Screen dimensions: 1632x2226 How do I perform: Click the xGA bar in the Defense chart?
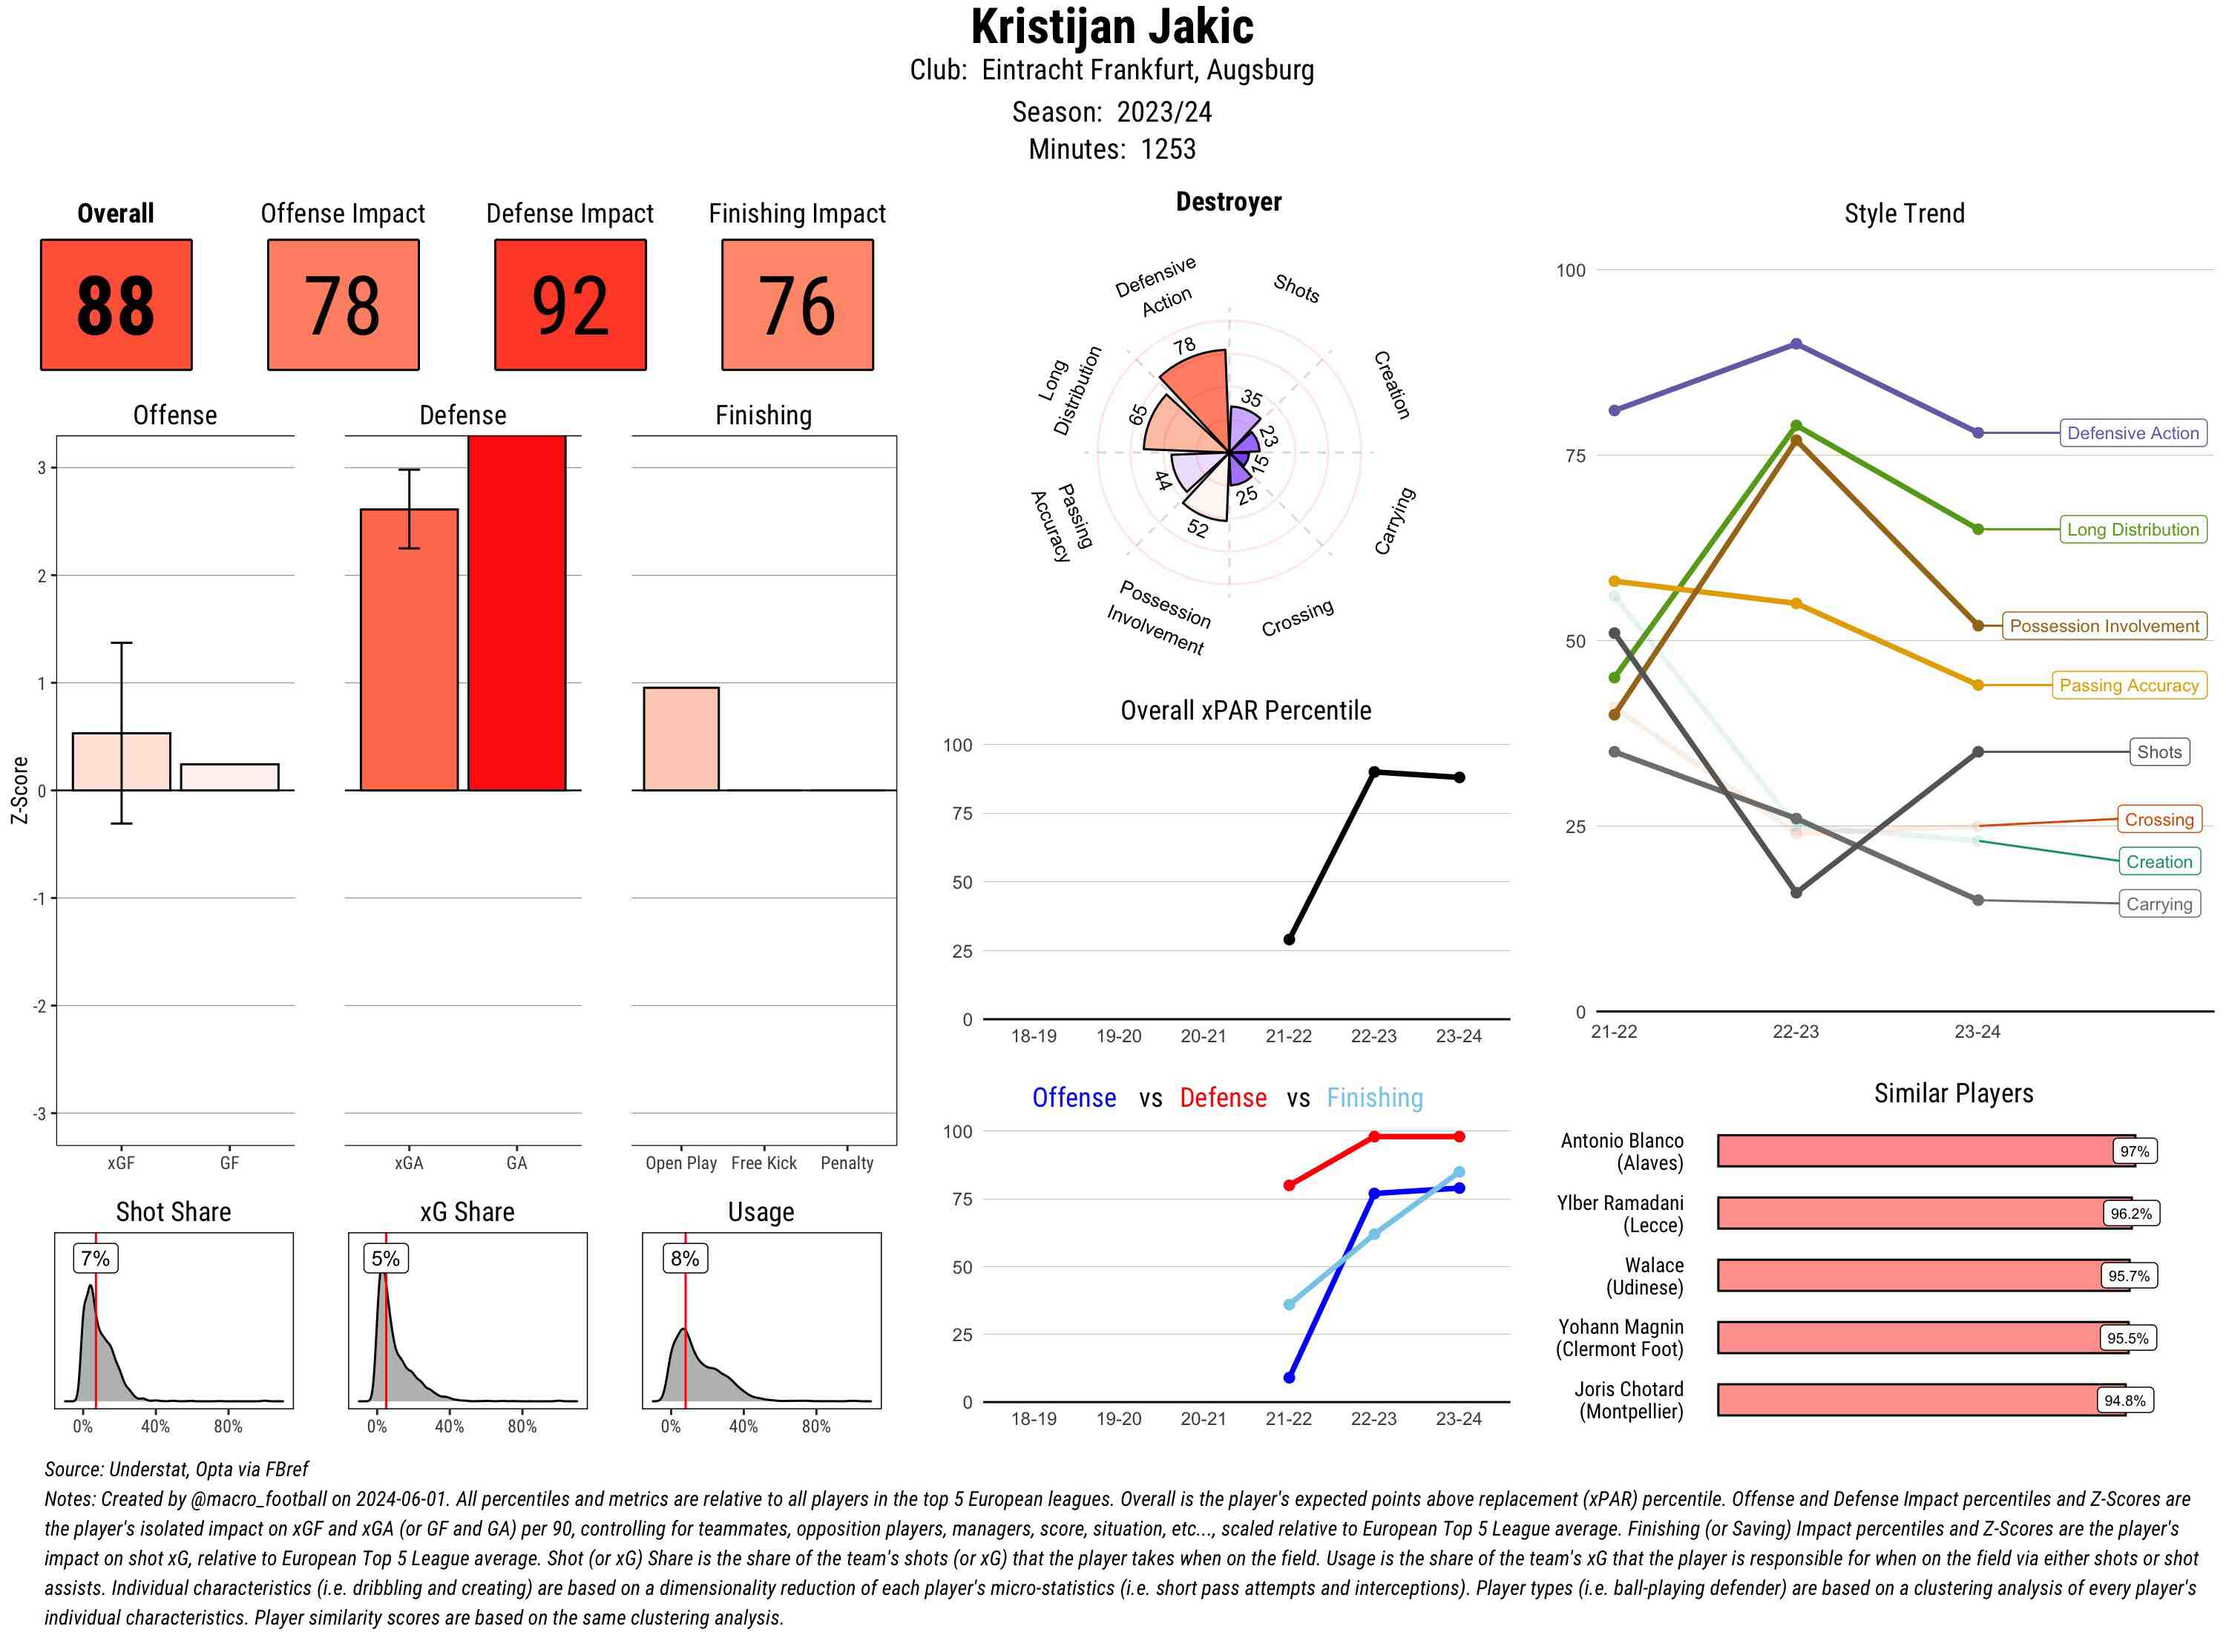[409, 649]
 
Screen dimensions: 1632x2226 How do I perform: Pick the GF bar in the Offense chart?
[229, 777]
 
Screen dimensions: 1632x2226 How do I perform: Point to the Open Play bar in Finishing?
[680, 738]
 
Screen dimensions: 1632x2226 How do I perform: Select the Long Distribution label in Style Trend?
[2133, 530]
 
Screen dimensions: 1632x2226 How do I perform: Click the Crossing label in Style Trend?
[2158, 819]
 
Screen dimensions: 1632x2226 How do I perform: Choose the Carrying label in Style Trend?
[2158, 904]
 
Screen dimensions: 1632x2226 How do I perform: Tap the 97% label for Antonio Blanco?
[2134, 1151]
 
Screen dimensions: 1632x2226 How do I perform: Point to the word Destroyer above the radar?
[1228, 202]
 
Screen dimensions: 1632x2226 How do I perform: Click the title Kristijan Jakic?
[1112, 27]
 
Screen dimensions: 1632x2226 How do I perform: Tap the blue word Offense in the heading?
[1074, 1098]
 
